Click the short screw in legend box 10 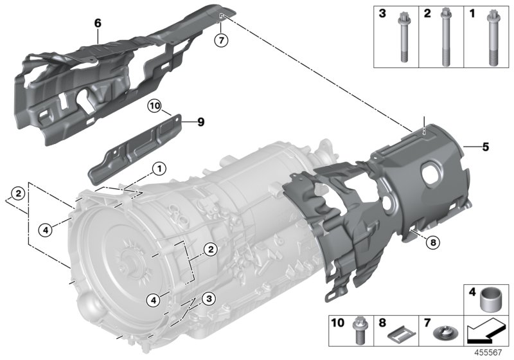(360, 332)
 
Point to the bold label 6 (98, 23)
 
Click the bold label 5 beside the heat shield (486, 147)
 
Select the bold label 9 (201, 120)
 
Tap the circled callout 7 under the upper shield (221, 40)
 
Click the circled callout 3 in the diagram (208, 298)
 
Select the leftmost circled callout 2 (19, 192)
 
